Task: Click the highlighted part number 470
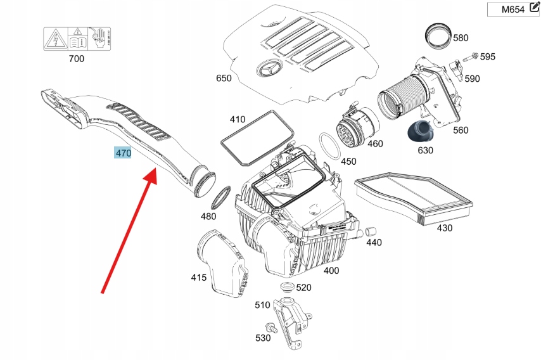[122, 153]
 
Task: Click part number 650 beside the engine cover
[224, 79]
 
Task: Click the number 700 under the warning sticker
[76, 59]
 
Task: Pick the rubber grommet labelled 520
[286, 289]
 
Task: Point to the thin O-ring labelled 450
[330, 147]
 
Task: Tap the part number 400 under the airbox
[331, 271]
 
